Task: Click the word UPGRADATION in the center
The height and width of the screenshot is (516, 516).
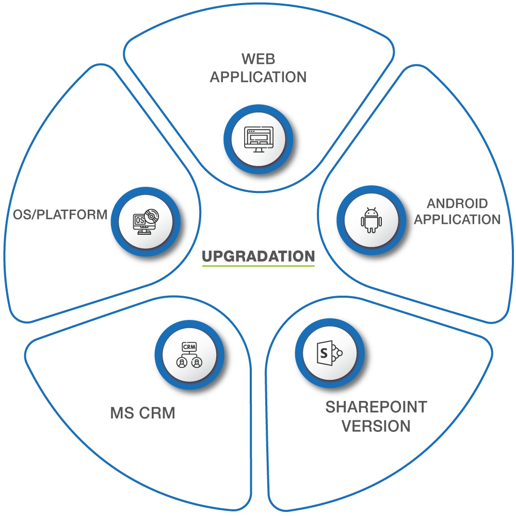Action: click(258, 256)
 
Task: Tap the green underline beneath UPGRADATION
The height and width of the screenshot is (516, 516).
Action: click(258, 266)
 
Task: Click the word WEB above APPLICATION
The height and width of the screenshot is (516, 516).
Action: click(258, 58)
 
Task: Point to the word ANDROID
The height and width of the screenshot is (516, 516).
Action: click(457, 203)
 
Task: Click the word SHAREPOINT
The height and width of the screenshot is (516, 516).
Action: click(376, 407)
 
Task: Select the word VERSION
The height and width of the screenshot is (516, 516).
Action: click(376, 426)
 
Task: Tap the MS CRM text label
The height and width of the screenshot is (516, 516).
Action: click(142, 413)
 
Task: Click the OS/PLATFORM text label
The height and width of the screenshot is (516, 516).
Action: click(60, 214)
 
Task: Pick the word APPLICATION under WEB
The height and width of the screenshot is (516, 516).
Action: click(258, 77)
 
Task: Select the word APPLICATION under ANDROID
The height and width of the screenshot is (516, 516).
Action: click(458, 219)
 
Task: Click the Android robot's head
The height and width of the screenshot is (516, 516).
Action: click(371, 213)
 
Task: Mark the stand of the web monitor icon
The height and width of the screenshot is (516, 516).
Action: click(258, 150)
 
